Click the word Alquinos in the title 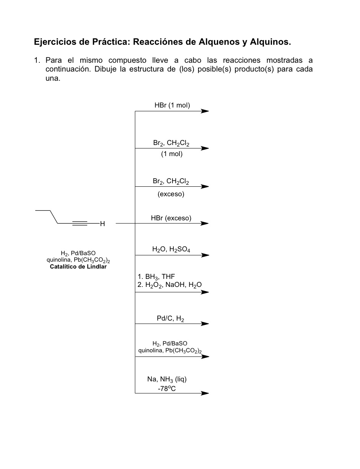pyautogui.click(x=270, y=42)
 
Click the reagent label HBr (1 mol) pyautogui.click(x=172, y=105)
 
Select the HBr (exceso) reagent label pyautogui.click(x=171, y=218)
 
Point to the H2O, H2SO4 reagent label pyautogui.click(x=171, y=249)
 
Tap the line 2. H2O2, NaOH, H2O pyautogui.click(x=169, y=285)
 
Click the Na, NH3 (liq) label pyautogui.click(x=167, y=379)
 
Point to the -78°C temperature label pyautogui.click(x=167, y=388)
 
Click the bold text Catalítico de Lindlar pyautogui.click(x=78, y=267)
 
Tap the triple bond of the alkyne pyautogui.click(x=80, y=223)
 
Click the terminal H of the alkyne pyautogui.click(x=102, y=224)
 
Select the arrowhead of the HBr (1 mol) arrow pyautogui.click(x=205, y=111)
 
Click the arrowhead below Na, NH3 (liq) pyautogui.click(x=205, y=393)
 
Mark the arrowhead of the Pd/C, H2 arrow pyautogui.click(x=205, y=324)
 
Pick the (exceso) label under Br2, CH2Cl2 pyautogui.click(x=171, y=194)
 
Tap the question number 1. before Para pyautogui.click(x=37, y=60)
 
